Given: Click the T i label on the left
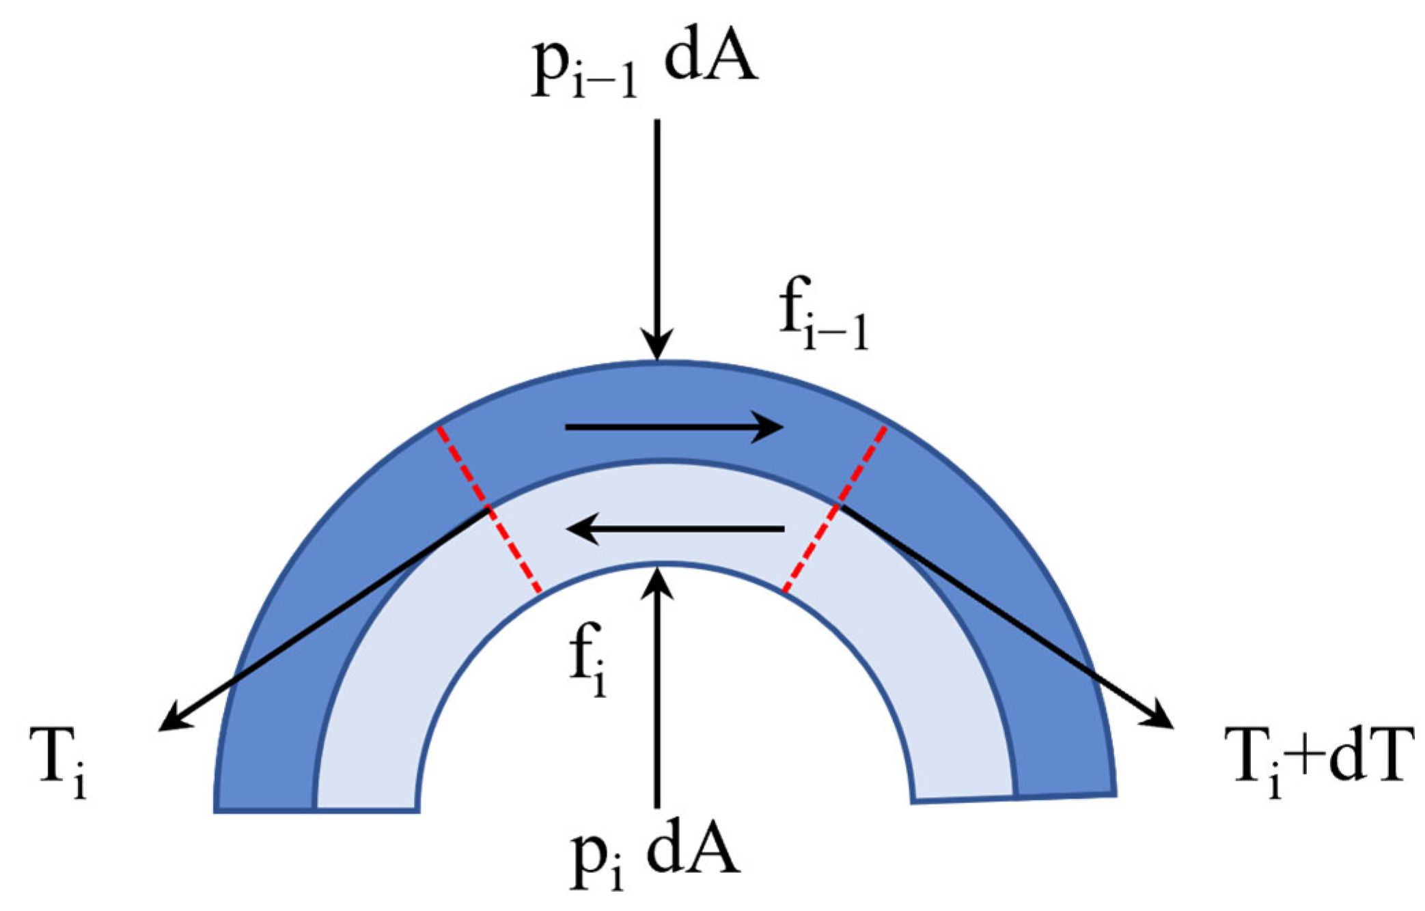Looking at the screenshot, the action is click(59, 761).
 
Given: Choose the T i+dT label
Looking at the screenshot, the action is click(1322, 761).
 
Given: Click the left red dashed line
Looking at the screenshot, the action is click(489, 509).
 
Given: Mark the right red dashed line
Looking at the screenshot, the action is click(835, 509).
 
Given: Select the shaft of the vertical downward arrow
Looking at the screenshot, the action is click(657, 225).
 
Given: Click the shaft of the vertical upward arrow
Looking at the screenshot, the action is click(657, 697).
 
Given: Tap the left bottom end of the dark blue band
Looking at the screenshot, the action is click(265, 810).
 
